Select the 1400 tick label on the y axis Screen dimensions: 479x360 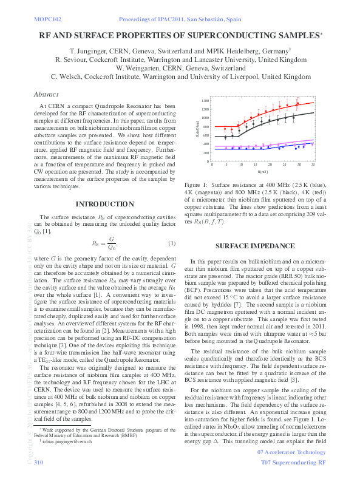click(x=206, y=101)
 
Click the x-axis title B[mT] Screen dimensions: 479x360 click(x=263, y=172)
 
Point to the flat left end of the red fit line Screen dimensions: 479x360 click(x=222, y=126)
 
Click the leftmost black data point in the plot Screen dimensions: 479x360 click(x=225, y=137)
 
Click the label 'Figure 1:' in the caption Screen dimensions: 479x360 click(x=197, y=184)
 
